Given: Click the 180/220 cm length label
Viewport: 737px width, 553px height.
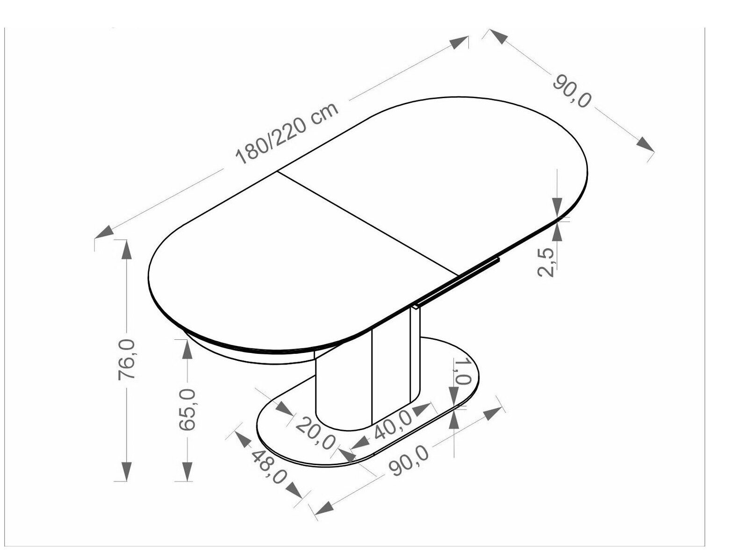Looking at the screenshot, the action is click(x=286, y=134).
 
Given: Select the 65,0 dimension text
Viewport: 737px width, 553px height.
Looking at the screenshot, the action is click(x=186, y=409).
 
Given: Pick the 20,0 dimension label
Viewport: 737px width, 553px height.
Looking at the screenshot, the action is click(x=315, y=433).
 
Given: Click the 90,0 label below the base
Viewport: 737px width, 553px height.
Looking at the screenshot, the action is click(x=409, y=460).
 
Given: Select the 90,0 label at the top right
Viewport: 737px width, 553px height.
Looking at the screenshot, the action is click(x=571, y=91).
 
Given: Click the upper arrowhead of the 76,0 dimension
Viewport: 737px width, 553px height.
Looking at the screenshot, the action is click(x=127, y=249).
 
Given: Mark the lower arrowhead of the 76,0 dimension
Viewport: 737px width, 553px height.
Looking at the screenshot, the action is click(x=127, y=471).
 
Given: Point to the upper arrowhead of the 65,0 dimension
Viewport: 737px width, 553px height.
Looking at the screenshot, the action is click(x=186, y=349).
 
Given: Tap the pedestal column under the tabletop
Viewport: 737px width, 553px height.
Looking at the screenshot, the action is click(x=365, y=369).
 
